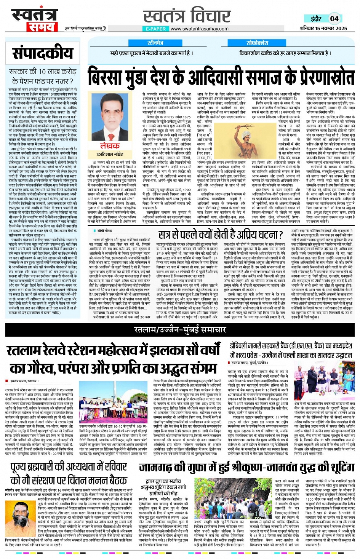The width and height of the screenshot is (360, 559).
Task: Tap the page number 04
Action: [x=334, y=18]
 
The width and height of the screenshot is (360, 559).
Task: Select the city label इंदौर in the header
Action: [x=316, y=19]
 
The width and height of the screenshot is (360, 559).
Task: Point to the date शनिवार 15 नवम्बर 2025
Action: [x=323, y=28]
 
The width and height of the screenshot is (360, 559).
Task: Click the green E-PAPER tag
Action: [x=156, y=29]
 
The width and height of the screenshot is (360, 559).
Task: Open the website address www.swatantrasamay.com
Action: [x=199, y=29]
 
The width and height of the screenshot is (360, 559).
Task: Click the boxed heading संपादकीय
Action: [x=42, y=53]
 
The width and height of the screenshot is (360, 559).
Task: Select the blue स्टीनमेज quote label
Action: [x=155, y=43]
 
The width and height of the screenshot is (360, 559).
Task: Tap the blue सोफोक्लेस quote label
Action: [x=257, y=43]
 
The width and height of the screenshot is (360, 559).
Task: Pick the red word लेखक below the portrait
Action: [x=110, y=146]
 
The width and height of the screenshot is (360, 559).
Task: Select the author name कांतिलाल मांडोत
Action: [x=110, y=154]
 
